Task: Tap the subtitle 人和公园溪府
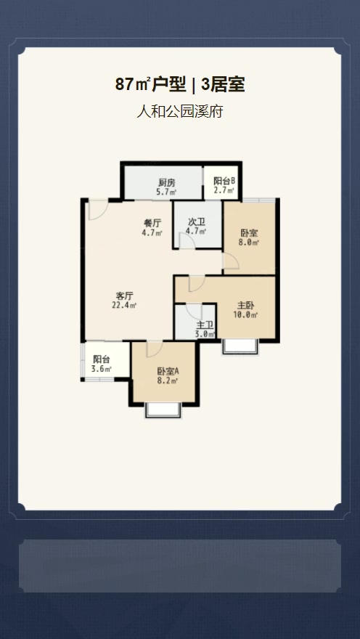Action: [180, 111]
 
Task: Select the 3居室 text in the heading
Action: [223, 85]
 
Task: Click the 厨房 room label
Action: [166, 183]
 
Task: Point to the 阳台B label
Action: [224, 181]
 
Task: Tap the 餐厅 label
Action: [152, 224]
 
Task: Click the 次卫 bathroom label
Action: [196, 222]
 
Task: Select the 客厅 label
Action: [125, 296]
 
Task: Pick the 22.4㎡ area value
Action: [124, 305]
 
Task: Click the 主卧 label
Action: [246, 305]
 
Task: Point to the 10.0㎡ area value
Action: [246, 314]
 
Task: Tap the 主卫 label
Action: [205, 325]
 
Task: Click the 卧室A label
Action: [168, 372]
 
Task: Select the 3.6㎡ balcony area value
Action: [102, 369]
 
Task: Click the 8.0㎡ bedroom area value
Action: [249, 243]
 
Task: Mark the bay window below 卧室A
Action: [163, 410]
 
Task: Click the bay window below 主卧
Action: [240, 346]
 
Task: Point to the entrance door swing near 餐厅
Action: [99, 210]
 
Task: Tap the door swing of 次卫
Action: [187, 240]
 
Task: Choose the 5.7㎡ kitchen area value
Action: [166, 192]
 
